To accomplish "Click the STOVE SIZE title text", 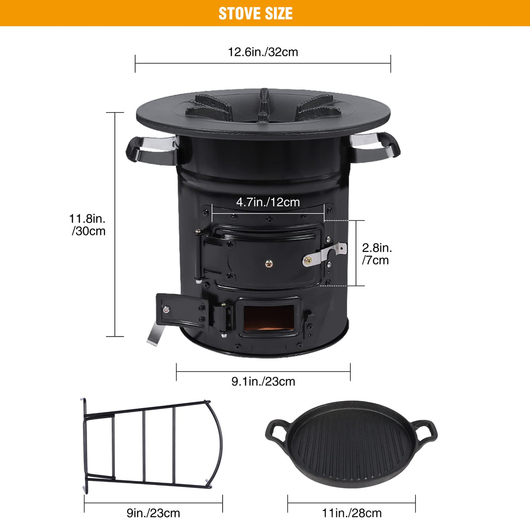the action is (256, 14).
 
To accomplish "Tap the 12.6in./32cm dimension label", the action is (263, 52).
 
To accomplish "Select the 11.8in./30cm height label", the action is (88, 225).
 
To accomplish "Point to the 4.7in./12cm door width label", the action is (268, 202).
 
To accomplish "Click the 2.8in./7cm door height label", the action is (377, 254).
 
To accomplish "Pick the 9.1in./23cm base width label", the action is (263, 382).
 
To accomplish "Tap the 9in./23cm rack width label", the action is (153, 513).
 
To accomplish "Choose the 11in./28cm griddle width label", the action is (352, 513).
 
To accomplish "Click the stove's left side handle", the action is (151, 151).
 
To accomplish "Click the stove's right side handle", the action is (375, 148).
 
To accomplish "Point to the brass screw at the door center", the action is (269, 264).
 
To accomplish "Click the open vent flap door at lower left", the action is (182, 310).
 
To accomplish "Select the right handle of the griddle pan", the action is (425, 431).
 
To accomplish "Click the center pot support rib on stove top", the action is (264, 107).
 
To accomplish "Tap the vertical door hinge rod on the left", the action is (198, 257).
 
